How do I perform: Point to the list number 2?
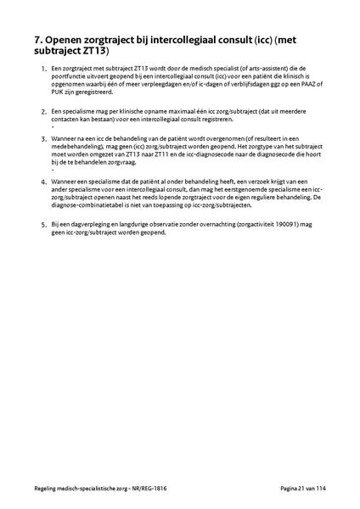[43, 111]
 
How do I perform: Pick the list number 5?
[43, 224]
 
